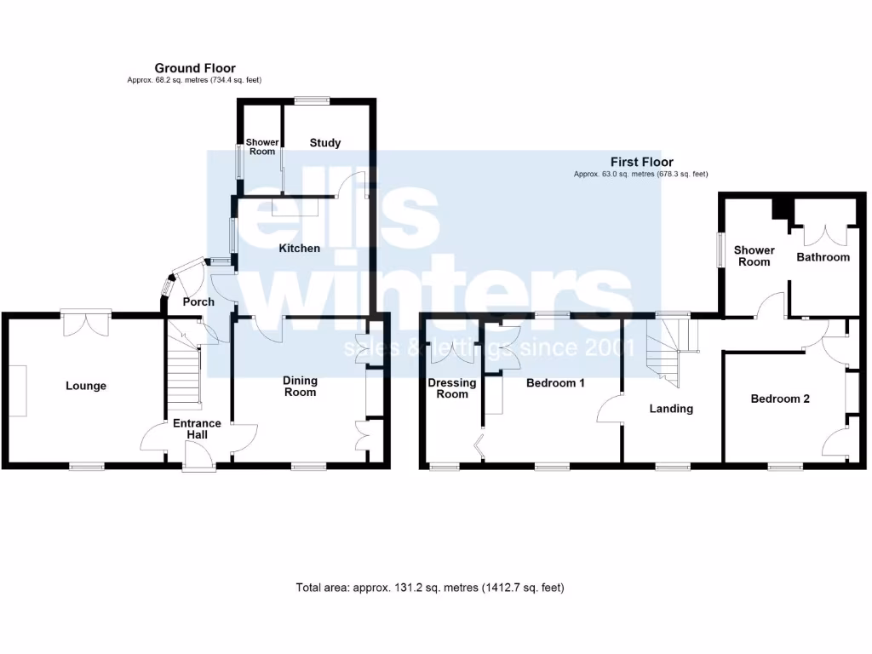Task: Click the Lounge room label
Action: point(86,386)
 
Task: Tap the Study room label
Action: point(324,143)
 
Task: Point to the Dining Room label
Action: point(300,387)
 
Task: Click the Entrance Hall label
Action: point(197,429)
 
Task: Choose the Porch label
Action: point(198,301)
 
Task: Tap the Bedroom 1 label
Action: point(555,383)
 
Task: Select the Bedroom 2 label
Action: point(779,399)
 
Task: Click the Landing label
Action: point(671,409)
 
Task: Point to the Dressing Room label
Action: point(452,388)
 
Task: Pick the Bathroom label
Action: point(823,256)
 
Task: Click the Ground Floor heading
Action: point(195,68)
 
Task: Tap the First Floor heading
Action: point(641,162)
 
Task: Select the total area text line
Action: point(430,588)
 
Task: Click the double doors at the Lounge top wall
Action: point(85,322)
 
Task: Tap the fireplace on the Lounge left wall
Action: point(18,391)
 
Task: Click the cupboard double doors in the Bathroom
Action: point(824,234)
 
